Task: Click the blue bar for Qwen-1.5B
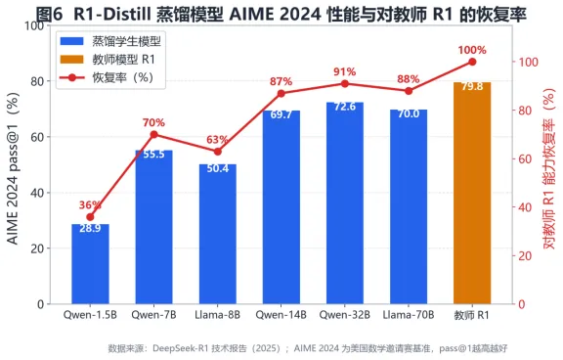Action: coord(90,264)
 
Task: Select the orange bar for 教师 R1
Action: coord(472,194)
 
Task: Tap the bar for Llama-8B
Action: coord(218,234)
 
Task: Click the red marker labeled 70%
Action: coord(154,135)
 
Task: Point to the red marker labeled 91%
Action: coord(345,84)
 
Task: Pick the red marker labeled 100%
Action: coord(472,63)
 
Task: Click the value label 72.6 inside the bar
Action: coord(345,107)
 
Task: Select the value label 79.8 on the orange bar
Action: coord(472,87)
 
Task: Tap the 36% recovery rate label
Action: coord(90,205)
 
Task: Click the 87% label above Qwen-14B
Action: coord(281,81)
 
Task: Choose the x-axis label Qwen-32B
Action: coord(345,315)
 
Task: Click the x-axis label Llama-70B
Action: coord(409,315)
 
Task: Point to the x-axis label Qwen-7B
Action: coord(154,315)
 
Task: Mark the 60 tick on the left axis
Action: coord(37,137)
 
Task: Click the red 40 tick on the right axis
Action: coord(524,207)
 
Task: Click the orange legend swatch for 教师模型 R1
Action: coord(71,60)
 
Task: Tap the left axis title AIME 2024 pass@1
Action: coord(13,169)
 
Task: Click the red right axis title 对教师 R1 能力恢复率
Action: coord(549,169)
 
